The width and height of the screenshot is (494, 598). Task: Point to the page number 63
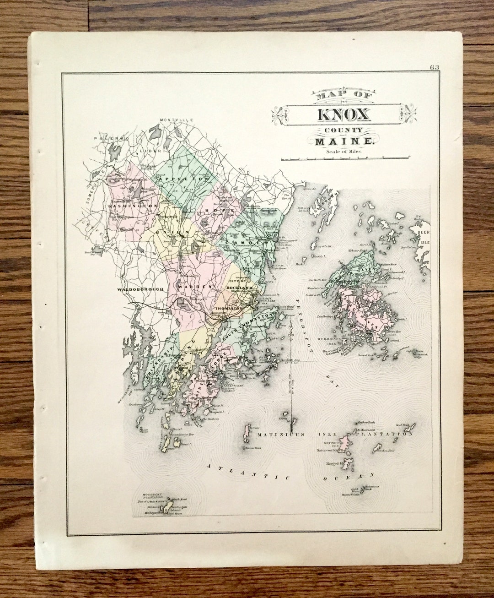[434, 67]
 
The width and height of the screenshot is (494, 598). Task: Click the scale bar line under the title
[346, 158]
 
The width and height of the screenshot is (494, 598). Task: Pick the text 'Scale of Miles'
[344, 151]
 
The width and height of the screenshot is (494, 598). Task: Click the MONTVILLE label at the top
[177, 120]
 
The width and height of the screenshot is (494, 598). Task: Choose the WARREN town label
[195, 287]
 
